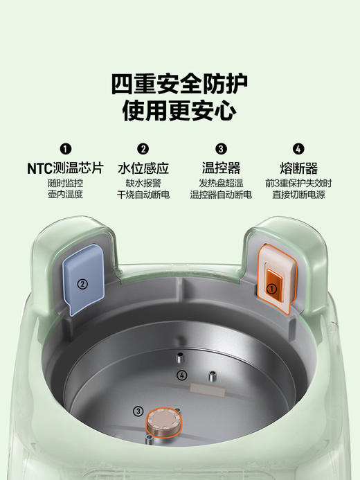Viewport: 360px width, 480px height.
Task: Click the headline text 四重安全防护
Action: coord(179,83)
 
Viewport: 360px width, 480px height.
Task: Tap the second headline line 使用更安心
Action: coord(179,110)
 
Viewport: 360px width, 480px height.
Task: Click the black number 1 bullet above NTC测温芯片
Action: coord(65,149)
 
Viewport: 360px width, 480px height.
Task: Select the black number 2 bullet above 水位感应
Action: coord(143,149)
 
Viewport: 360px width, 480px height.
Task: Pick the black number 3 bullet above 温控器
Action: coord(221,149)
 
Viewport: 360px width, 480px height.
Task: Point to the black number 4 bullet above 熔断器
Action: coord(298,149)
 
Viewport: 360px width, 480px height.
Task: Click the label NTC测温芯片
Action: coord(65,168)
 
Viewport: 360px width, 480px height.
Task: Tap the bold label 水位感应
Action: coord(143,168)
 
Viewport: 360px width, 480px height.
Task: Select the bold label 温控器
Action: coord(221,168)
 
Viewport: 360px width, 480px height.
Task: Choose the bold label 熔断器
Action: coord(298,168)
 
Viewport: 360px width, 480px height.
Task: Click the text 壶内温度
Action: coord(65,195)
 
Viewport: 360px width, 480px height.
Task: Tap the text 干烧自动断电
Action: coord(143,195)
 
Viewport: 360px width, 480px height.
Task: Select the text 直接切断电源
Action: coord(298,195)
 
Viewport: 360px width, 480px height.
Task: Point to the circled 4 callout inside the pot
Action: coord(181,375)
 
